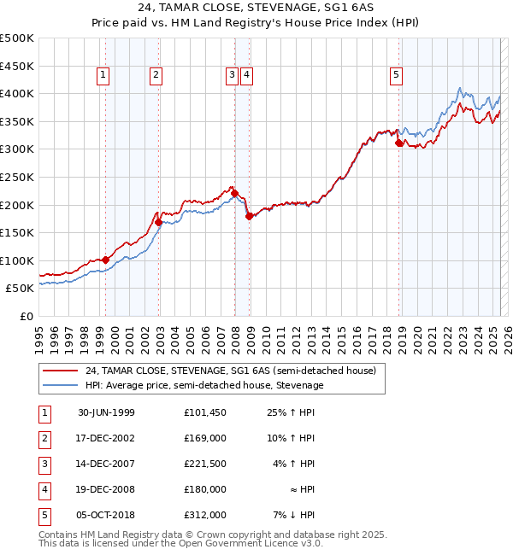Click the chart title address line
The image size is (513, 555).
tap(256, 8)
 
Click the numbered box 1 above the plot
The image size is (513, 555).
tap(103, 75)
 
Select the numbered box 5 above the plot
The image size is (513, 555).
tap(397, 75)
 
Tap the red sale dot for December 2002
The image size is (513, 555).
tap(158, 222)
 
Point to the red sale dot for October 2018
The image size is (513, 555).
tap(398, 143)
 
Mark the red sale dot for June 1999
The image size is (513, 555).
tap(105, 260)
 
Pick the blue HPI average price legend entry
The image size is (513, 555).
tap(203, 385)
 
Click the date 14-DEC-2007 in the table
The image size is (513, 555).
tap(106, 465)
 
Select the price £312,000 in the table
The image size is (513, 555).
tap(205, 515)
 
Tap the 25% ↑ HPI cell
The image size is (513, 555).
tap(291, 412)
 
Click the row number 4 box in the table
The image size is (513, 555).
tap(44, 490)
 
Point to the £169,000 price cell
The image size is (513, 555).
tap(205, 438)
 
